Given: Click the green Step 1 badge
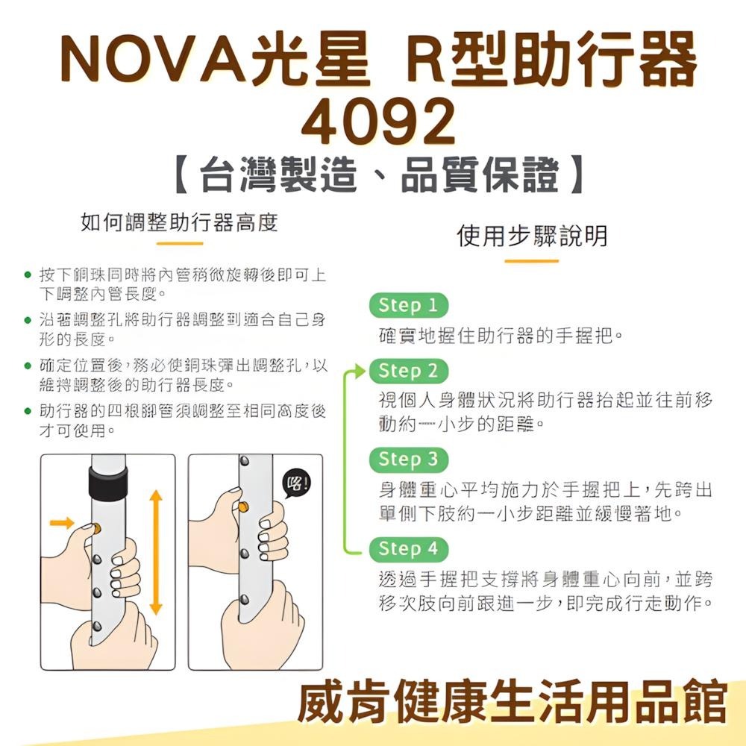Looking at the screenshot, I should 408,306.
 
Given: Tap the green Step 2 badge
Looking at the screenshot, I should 408,371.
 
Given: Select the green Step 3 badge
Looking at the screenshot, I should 408,459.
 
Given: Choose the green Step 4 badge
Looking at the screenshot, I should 408,549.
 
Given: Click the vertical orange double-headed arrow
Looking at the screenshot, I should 155,552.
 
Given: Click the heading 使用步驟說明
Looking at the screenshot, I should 531,236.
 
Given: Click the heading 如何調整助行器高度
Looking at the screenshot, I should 179,222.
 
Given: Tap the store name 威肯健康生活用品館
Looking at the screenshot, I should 512,702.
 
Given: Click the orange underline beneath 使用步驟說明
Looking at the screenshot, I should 531,261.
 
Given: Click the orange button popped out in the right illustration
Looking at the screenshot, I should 243,507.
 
